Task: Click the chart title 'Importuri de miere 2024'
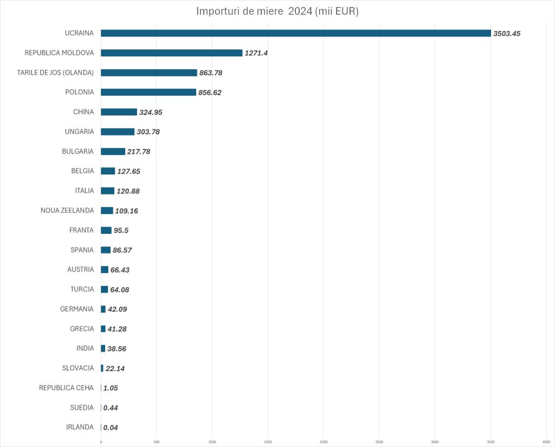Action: pyautogui.click(x=277, y=11)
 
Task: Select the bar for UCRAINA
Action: pyautogui.click(x=295, y=33)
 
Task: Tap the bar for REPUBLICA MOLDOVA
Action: pyautogui.click(x=171, y=53)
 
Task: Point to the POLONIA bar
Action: pyautogui.click(x=148, y=92)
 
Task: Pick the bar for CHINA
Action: pyautogui.click(x=119, y=112)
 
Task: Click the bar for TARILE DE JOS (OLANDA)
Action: pyautogui.click(x=149, y=73)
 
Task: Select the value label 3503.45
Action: pyautogui.click(x=507, y=34)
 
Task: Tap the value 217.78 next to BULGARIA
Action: pyautogui.click(x=139, y=152)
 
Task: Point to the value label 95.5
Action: pyautogui.click(x=121, y=230)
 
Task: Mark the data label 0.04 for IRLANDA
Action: pyautogui.click(x=111, y=427)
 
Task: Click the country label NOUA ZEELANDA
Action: pyautogui.click(x=67, y=210)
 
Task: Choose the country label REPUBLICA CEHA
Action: pyautogui.click(x=66, y=387)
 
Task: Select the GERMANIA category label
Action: pyautogui.click(x=77, y=309)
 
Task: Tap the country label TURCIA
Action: pyautogui.click(x=82, y=289)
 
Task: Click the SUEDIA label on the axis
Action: pyautogui.click(x=82, y=407)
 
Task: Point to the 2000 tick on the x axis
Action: pyautogui.click(x=324, y=442)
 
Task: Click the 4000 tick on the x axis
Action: pyautogui.click(x=546, y=442)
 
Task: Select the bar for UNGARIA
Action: pyautogui.click(x=118, y=132)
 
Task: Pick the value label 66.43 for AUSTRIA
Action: pyautogui.click(x=120, y=270)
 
